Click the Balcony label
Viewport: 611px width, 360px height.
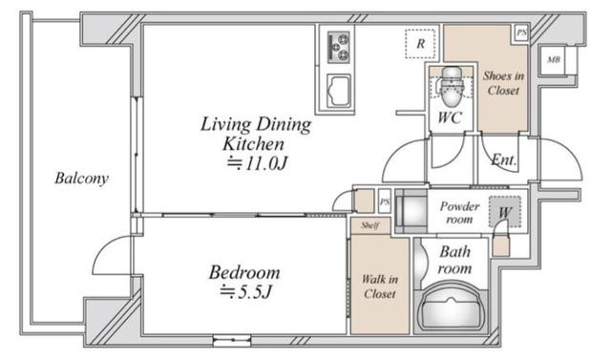(81, 179)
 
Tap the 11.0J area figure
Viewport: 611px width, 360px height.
(257, 163)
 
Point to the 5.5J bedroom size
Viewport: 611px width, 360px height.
(245, 291)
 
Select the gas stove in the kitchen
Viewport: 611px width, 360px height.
(338, 47)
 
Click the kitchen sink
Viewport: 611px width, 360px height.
(338, 91)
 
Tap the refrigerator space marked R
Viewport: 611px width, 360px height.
(420, 44)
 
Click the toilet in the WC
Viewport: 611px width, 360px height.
(451, 87)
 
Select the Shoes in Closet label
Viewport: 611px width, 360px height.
(503, 83)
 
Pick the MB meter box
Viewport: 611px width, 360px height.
(554, 59)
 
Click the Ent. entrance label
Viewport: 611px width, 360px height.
(504, 159)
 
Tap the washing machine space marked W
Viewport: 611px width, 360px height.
(505, 212)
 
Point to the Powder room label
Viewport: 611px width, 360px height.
(459, 212)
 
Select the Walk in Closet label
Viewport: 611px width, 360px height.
(380, 286)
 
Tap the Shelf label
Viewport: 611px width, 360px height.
(369, 225)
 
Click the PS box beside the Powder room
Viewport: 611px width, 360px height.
(385, 201)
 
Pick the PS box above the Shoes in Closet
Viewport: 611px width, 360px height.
(521, 33)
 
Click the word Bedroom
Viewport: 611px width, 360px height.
(244, 272)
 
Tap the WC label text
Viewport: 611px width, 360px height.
(450, 116)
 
